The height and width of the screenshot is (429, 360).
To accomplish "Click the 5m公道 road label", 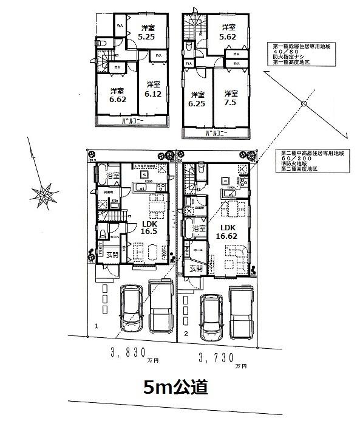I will (175, 386).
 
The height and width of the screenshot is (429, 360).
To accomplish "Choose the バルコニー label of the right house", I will (217, 133).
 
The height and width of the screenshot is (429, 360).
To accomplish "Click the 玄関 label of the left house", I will (112, 255).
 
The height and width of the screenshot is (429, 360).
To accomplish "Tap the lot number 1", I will (97, 326).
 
